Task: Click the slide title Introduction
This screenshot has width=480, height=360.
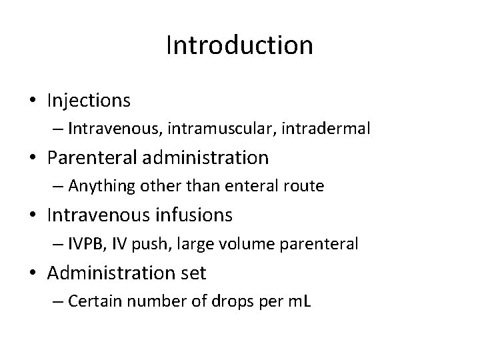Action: coord(239,45)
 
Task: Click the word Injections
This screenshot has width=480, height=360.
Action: coord(89,101)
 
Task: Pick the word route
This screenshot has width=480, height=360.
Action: coord(305,186)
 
